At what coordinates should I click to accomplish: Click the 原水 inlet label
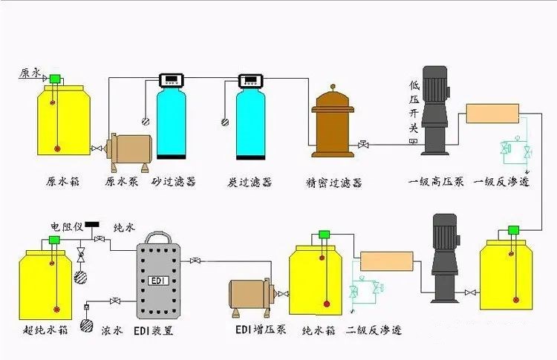pyautogui.click(x=30, y=73)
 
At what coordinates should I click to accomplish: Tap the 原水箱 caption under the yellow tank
pyautogui.click(x=62, y=181)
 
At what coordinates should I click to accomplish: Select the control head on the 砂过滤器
pyautogui.click(x=172, y=80)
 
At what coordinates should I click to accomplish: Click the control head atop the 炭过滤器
pyautogui.click(x=250, y=81)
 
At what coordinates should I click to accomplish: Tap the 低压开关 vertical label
pyautogui.click(x=414, y=107)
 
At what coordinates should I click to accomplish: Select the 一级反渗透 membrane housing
pyautogui.click(x=492, y=114)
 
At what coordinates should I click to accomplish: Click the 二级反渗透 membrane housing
pyautogui.click(x=387, y=261)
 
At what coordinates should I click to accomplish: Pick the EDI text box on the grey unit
pyautogui.click(x=158, y=281)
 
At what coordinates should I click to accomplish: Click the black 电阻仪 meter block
pyautogui.click(x=91, y=224)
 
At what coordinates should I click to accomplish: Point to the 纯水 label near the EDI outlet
pyautogui.click(x=125, y=227)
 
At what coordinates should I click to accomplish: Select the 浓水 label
pyautogui.click(x=112, y=330)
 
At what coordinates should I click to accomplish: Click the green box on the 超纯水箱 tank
pyautogui.click(x=54, y=240)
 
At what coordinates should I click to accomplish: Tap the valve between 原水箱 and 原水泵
pyautogui.click(x=97, y=148)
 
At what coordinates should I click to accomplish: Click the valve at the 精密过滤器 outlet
pyautogui.click(x=363, y=145)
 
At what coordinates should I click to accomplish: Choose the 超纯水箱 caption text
pyautogui.click(x=45, y=330)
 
